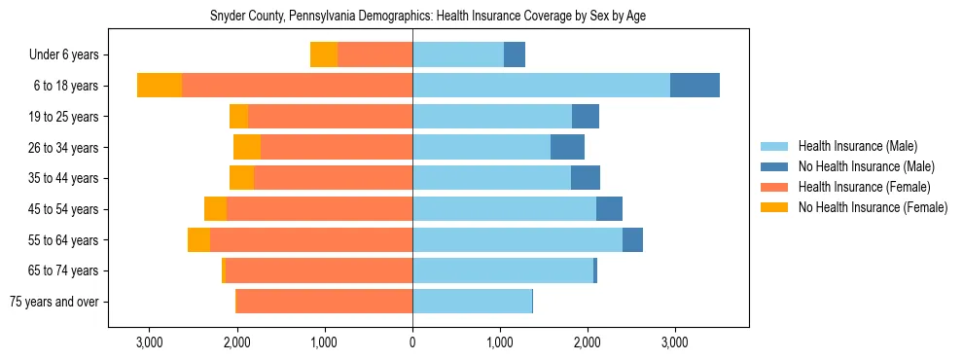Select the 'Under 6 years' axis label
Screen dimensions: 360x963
pyautogui.click(x=70, y=55)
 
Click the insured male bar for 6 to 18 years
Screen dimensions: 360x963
pyautogui.click(x=541, y=86)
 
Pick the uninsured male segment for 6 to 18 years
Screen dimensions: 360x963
pyautogui.click(x=695, y=86)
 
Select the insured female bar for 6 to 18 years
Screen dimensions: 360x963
pyautogui.click(x=297, y=86)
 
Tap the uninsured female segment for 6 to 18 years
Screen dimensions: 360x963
pyautogui.click(x=160, y=86)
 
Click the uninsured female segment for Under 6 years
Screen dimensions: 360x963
pyautogui.click(x=324, y=55)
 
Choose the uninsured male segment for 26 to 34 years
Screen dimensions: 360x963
pyautogui.click(x=567, y=148)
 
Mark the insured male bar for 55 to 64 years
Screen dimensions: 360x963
pyautogui.click(x=517, y=240)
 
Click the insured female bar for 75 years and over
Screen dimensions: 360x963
pyautogui.click(x=324, y=302)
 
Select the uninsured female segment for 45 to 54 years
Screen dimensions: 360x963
pyautogui.click(x=215, y=209)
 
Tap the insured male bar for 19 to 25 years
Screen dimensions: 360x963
pyautogui.click(x=492, y=117)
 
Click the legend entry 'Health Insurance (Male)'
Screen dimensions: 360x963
pyautogui.click(x=857, y=146)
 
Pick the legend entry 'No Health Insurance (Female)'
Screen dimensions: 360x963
pyautogui.click(x=872, y=207)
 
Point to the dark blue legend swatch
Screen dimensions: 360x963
pyautogui.click(x=774, y=166)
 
